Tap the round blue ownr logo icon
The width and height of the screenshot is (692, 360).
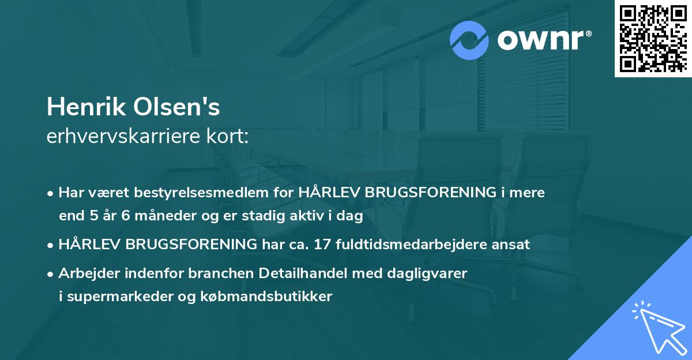(470, 40)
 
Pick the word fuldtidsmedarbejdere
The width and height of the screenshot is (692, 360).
(427, 245)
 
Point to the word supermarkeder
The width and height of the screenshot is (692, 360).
(114, 297)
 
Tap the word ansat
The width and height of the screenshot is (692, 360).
(513, 245)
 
